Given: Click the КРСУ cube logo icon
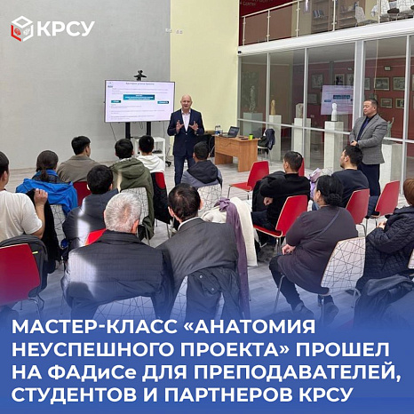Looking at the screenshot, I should [21, 28].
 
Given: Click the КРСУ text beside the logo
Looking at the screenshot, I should [64, 28].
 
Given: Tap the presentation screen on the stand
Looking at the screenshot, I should [139, 100].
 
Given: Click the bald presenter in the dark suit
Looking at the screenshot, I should [185, 133].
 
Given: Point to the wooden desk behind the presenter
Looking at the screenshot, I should [235, 151].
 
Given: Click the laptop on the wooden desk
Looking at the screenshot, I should [233, 131].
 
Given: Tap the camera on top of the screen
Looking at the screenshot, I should [139, 75].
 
